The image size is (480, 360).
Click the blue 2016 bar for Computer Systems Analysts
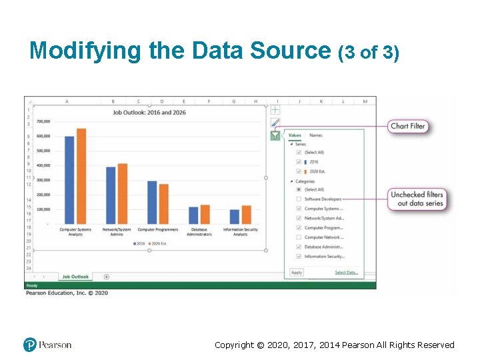pyautogui.click(x=69, y=180)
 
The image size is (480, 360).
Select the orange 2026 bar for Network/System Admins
pyautogui.click(x=122, y=193)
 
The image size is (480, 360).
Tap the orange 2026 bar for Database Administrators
pyautogui.click(x=205, y=214)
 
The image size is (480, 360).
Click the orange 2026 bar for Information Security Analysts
pyautogui.click(x=246, y=215)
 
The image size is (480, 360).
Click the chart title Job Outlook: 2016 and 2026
pyautogui.click(x=149, y=113)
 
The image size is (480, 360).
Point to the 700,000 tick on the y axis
pyautogui.click(x=43, y=121)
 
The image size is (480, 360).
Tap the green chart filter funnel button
pyautogui.click(x=275, y=136)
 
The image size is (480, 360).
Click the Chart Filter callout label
pyautogui.click(x=407, y=126)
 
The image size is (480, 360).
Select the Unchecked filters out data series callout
pyautogui.click(x=417, y=199)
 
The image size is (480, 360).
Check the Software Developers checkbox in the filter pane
pyautogui.click(x=299, y=199)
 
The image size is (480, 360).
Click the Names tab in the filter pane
pyautogui.click(x=315, y=135)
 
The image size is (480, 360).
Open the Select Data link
pyautogui.click(x=346, y=272)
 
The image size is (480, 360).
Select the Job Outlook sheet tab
pyautogui.click(x=75, y=277)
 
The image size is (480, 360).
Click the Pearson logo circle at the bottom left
pyautogui.click(x=30, y=345)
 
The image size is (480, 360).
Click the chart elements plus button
pyautogui.click(x=275, y=109)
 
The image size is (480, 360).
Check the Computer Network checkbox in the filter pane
pyautogui.click(x=299, y=237)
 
